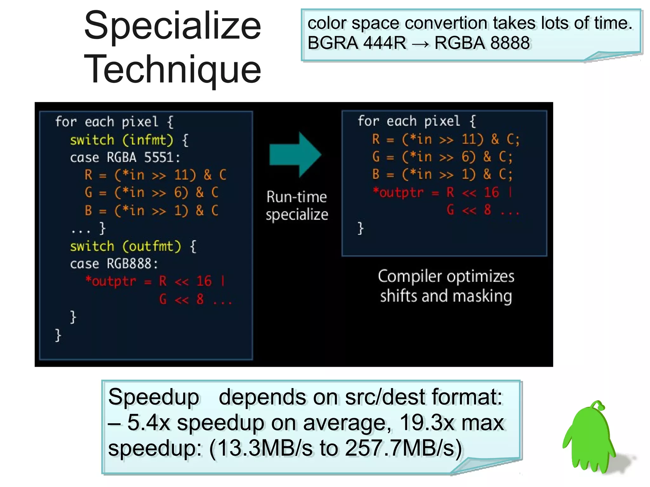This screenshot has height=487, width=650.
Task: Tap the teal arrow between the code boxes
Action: click(295, 155)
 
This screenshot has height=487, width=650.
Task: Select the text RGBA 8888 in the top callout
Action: click(482, 43)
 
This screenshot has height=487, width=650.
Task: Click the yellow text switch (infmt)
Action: click(122, 140)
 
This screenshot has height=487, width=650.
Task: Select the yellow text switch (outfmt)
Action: click(125, 247)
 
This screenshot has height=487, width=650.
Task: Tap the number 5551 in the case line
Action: click(159, 157)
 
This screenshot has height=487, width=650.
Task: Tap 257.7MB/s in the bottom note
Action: click(403, 448)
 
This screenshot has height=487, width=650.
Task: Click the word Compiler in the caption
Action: click(410, 276)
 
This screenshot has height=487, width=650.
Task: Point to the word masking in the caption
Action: click(482, 296)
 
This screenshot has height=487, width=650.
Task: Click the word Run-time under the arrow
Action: click(296, 197)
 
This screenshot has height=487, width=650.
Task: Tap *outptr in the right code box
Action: click(398, 193)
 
